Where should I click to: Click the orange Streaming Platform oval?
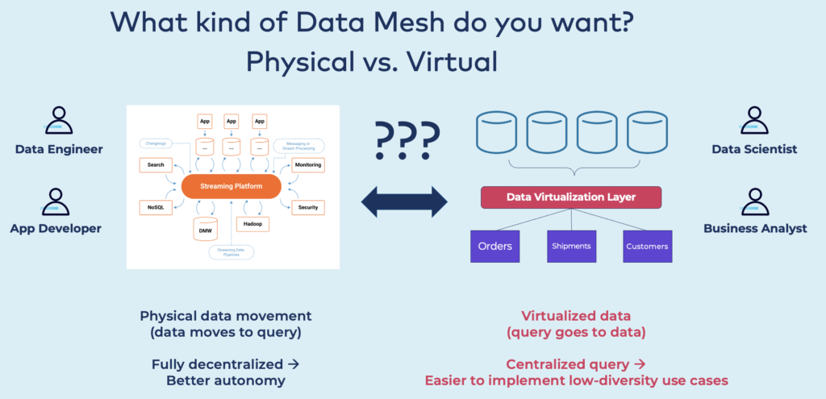point(231,187)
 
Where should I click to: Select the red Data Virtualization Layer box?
point(570,197)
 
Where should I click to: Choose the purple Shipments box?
point(571,246)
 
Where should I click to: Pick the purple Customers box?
point(647,246)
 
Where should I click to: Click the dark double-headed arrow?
point(404,202)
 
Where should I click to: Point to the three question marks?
point(407,139)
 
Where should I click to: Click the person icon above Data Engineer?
point(59,121)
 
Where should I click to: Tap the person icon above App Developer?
point(56,201)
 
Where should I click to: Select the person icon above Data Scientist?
point(754,121)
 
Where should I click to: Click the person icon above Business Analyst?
point(755,201)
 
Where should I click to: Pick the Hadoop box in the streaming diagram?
point(250,223)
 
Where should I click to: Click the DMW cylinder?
point(205,229)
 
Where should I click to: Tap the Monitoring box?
point(308,164)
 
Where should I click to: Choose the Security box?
point(307,207)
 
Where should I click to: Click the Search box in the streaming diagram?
point(156,164)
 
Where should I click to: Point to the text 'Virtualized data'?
point(575,316)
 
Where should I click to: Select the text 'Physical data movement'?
point(225,316)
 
